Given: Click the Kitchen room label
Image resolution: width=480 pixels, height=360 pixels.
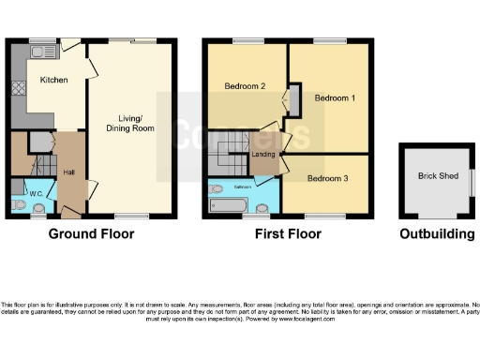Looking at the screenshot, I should point(53,81).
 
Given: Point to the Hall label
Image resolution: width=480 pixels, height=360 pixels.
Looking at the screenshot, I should point(68,172).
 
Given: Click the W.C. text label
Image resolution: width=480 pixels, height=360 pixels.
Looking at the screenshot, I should point(37,195).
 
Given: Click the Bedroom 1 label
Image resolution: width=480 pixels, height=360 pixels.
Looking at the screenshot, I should point(335,98).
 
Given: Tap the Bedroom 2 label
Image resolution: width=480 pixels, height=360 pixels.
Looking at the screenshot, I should point(246,86).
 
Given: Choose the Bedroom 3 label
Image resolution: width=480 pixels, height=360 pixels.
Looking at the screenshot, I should point(327,178).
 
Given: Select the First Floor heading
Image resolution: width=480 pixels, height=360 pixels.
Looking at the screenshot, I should point(288,234).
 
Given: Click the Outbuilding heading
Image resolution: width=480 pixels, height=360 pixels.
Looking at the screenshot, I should point(437,234).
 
